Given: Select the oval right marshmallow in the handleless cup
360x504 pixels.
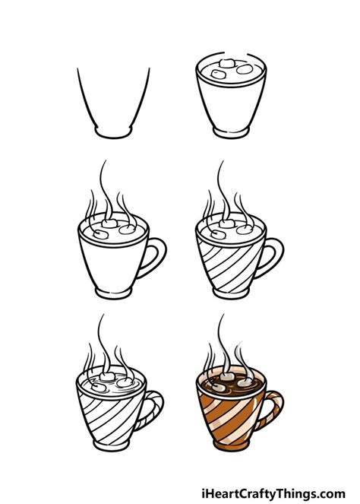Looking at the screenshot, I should (245, 69).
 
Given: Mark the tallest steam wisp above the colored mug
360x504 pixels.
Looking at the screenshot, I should (222, 334).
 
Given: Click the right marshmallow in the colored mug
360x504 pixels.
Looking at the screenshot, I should (245, 379).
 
